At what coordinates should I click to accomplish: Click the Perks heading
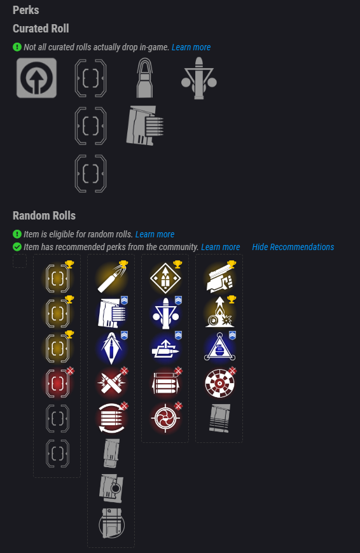(25, 10)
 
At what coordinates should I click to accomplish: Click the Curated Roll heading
(41, 29)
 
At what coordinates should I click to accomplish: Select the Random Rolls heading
(44, 216)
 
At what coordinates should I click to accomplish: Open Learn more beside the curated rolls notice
(191, 47)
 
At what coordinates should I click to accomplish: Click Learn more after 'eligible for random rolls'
(155, 234)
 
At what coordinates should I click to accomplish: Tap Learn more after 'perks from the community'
(220, 247)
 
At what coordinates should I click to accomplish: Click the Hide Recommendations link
(293, 247)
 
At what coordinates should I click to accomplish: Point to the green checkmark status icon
(17, 246)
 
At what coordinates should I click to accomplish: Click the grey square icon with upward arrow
(37, 78)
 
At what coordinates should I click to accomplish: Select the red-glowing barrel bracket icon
(57, 383)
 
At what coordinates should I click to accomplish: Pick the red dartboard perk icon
(219, 383)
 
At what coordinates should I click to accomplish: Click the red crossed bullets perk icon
(111, 383)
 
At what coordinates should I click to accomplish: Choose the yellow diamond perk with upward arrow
(165, 278)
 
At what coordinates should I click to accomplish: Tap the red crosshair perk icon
(165, 418)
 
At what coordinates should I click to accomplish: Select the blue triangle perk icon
(219, 347)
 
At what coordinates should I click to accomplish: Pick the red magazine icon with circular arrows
(111, 418)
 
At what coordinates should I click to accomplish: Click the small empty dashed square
(20, 261)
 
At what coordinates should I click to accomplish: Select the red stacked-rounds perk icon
(165, 383)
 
